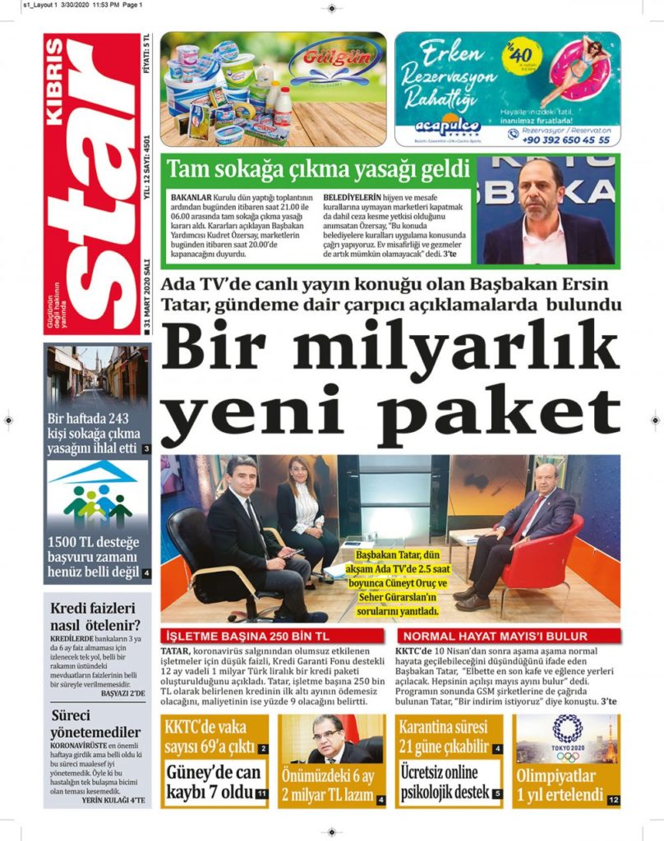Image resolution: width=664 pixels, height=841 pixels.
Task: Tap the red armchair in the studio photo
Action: (x=546, y=558)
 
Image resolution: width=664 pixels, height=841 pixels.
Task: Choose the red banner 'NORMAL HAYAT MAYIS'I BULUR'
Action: (x=505, y=636)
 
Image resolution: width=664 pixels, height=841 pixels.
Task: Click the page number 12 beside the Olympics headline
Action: (x=613, y=799)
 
